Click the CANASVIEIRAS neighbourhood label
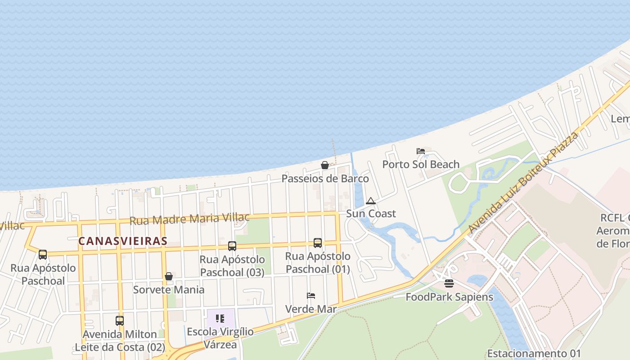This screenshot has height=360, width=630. tap(123, 241)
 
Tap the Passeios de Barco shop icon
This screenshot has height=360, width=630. tap(324, 165)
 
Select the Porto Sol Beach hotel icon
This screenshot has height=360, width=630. tap(421, 151)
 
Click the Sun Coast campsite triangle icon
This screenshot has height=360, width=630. tap(371, 201)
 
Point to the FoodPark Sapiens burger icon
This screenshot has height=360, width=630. tap(449, 283)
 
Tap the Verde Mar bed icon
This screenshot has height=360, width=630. tap(311, 296)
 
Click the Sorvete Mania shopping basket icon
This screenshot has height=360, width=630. tap(169, 276)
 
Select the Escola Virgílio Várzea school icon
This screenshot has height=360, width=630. tap(220, 319)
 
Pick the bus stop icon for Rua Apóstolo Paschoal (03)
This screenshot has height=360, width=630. tap(232, 246)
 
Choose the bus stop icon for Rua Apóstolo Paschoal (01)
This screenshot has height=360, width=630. tap(318, 243)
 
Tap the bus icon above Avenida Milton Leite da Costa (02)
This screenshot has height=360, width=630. tap(120, 321)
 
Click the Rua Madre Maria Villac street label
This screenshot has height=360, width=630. tap(189, 219)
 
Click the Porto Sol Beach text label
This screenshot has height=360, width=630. tap(421, 164)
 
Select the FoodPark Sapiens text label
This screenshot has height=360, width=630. tap(449, 297)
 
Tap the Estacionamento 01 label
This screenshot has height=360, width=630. tap(534, 353)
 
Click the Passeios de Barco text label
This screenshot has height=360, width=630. tap(325, 179)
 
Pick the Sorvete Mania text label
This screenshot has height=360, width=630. tap(169, 290)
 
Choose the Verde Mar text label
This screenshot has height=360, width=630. tap(311, 309)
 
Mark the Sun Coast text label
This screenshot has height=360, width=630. tap(371, 214)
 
